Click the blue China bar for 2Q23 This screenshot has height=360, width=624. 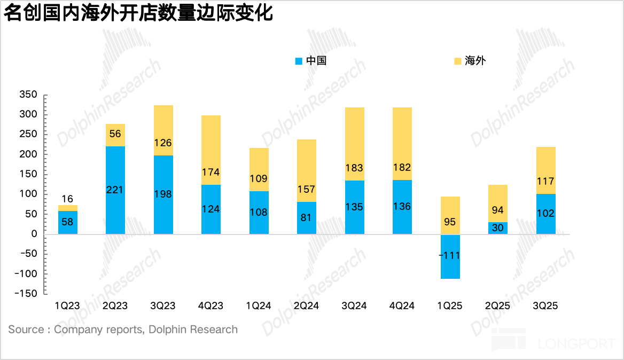point(115,190)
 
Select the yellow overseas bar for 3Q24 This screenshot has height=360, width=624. point(355,144)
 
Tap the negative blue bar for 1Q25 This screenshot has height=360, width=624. point(450,256)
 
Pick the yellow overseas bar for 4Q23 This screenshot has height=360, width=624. point(211,150)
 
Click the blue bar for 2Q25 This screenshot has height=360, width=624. point(498,228)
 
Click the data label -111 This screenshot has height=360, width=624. point(449,255)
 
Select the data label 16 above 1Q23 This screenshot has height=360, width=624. point(68,198)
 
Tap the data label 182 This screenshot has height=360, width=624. point(402,168)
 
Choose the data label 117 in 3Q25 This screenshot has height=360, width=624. point(545,181)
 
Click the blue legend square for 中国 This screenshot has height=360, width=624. point(299,61)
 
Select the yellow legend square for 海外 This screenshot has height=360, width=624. point(457,61)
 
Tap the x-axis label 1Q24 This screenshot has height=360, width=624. point(259,306)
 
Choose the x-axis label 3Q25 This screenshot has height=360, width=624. point(545,306)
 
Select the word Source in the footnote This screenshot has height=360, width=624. point(26,330)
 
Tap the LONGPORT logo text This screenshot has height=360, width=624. point(576,343)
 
